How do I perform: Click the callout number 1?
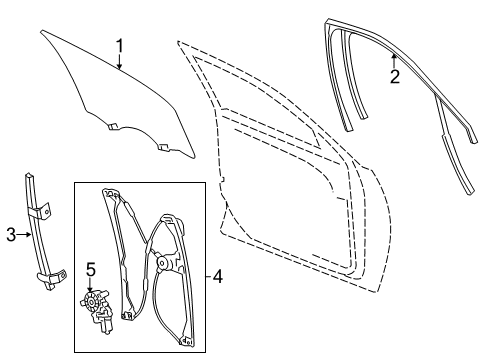click(x=119, y=45)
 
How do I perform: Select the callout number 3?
click(x=9, y=235)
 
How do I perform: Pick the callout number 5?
click(x=89, y=270)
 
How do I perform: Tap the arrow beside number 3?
click(x=25, y=235)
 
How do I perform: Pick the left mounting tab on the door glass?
click(x=114, y=127)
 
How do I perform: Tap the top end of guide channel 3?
click(x=27, y=176)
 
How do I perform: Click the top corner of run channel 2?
click(x=331, y=23)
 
